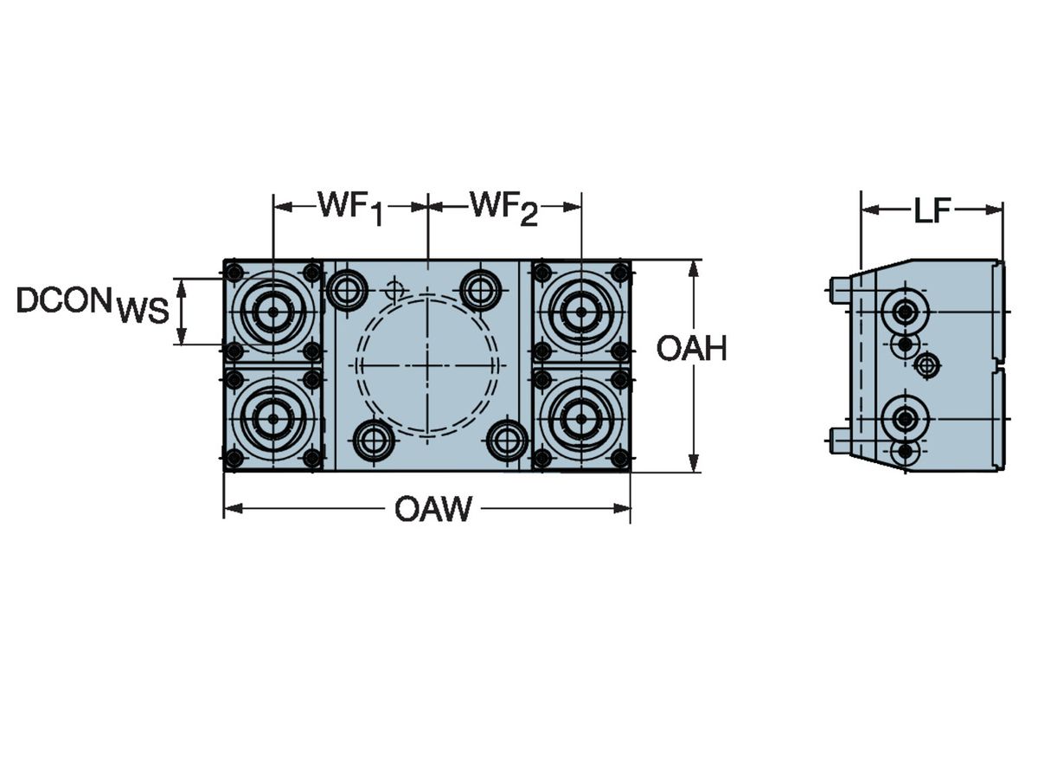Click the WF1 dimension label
[x=350, y=208]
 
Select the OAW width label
[x=433, y=510]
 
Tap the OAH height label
[x=691, y=349]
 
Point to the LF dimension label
[x=932, y=210]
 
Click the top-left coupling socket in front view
[x=272, y=312]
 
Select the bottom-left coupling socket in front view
[x=272, y=419]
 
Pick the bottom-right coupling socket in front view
[x=581, y=419]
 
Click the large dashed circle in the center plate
[x=428, y=365]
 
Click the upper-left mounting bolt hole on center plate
[x=348, y=289]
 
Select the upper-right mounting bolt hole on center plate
[x=480, y=289]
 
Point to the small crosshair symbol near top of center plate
[x=395, y=288]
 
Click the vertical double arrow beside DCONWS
[x=182, y=312]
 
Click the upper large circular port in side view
[x=905, y=311]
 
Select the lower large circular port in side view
[x=905, y=420]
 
